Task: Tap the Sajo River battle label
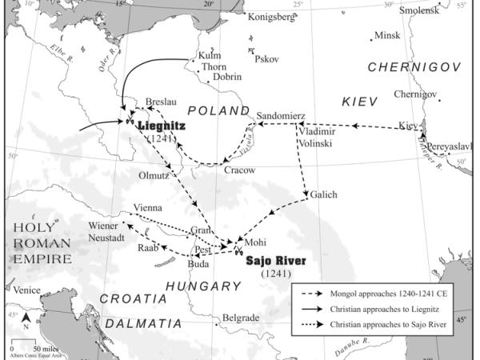pyautogui.click(x=276, y=261)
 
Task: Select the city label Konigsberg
pyautogui.click(x=272, y=16)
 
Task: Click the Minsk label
pyautogui.click(x=387, y=36)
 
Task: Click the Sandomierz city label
pyautogui.click(x=280, y=115)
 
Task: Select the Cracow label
pyautogui.click(x=240, y=170)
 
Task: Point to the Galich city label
pyautogui.click(x=323, y=194)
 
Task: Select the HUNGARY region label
pyautogui.click(x=203, y=286)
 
